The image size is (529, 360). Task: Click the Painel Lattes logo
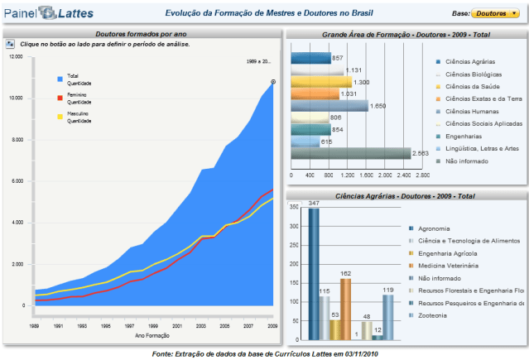coord(47,14)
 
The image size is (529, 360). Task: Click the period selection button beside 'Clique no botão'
coord(10,43)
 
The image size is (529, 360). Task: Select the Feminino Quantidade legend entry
coord(78,98)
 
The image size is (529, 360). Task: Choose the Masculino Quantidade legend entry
coord(78,117)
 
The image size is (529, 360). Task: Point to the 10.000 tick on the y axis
coord(16,98)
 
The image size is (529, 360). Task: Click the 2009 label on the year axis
coord(272,327)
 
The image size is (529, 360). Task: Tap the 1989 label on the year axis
coord(34,327)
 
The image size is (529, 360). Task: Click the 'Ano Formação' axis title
coord(153,335)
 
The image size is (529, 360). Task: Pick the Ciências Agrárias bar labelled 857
coord(310,58)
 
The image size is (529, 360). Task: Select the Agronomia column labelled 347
coord(314,273)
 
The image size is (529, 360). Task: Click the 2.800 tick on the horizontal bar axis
coord(422,175)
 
